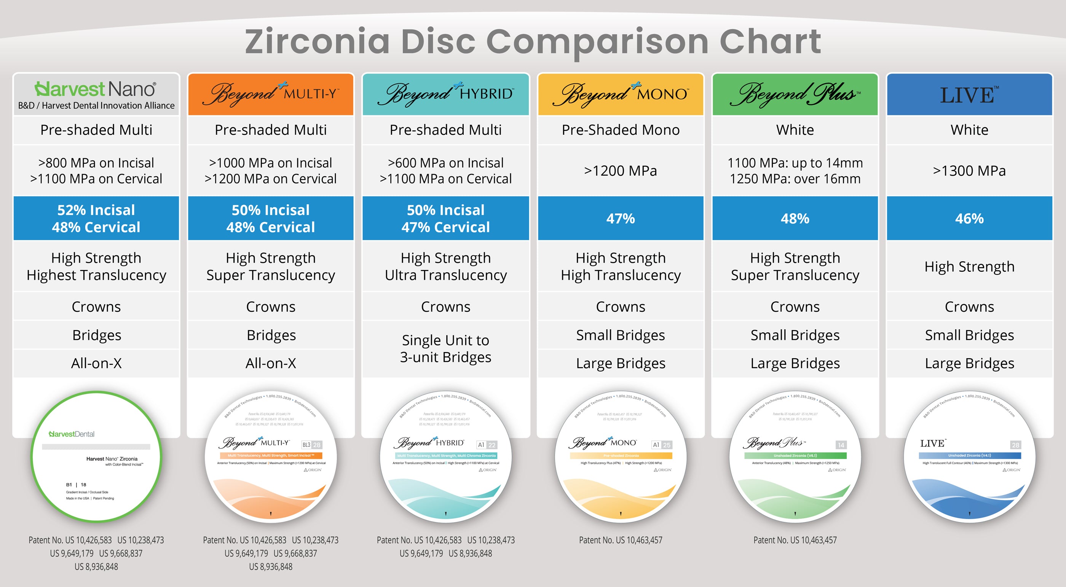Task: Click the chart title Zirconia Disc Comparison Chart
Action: click(x=533, y=41)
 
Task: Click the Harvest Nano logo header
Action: click(x=96, y=94)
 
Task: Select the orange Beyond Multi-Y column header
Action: click(x=271, y=94)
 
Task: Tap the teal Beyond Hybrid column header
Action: click(x=446, y=94)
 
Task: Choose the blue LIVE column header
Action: click(x=969, y=94)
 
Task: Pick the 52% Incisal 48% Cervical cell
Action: click(x=96, y=219)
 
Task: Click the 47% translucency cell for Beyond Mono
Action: click(x=620, y=219)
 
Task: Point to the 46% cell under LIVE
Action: click(x=969, y=219)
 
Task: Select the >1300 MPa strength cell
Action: click(x=969, y=171)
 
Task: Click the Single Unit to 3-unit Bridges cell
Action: click(x=446, y=349)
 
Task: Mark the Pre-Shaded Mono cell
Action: click(x=620, y=130)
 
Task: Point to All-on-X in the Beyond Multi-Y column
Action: click(x=271, y=363)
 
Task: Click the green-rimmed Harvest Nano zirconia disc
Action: click(x=96, y=457)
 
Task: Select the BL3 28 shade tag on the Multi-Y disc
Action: click(x=311, y=445)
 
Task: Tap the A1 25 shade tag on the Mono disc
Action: click(x=661, y=445)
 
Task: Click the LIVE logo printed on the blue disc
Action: click(x=933, y=443)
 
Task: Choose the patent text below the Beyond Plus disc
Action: click(x=795, y=540)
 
